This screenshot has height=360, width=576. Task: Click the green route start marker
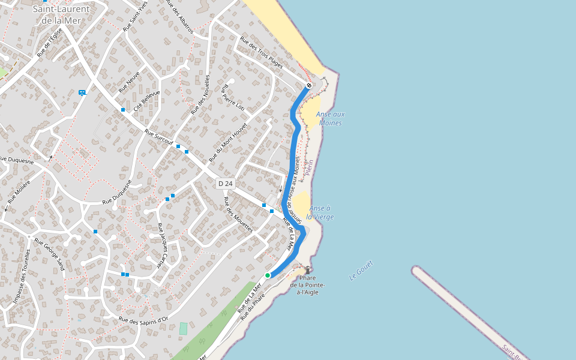click(268, 275)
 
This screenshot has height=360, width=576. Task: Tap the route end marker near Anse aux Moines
click(309, 86)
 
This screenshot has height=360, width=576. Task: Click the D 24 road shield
click(225, 183)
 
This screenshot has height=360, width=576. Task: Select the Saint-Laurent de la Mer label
click(61, 14)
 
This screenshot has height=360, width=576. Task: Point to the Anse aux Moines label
click(330, 119)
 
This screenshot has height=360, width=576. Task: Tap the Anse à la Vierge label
click(320, 212)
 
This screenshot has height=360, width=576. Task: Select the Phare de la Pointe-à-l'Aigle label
click(308, 284)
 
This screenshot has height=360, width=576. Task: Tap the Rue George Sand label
click(49, 254)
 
